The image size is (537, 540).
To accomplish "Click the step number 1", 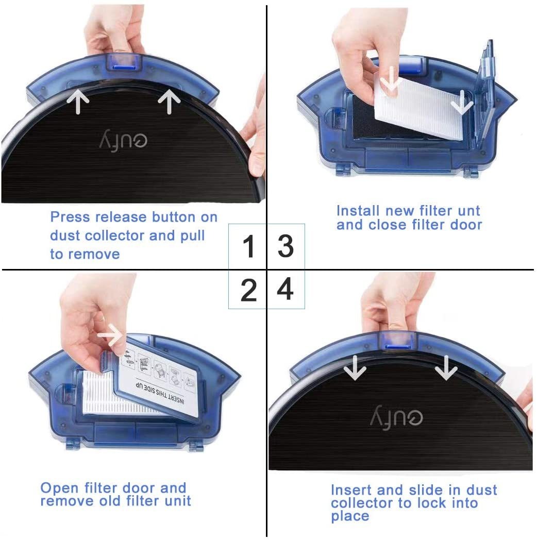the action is point(249,246).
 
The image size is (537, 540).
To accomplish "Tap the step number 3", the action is point(286,246).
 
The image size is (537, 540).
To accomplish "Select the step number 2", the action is point(249,290).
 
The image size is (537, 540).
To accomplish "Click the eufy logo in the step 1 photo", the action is point(123,140).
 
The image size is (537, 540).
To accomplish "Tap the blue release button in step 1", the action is point(124,66).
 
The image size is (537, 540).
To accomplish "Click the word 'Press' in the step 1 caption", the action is point(70,217).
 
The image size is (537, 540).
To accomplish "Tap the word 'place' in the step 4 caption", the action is point(350,516).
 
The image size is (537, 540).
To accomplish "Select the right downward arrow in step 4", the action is point(446,367).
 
